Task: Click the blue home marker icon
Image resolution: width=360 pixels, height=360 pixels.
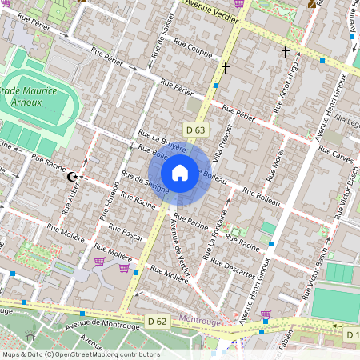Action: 180,173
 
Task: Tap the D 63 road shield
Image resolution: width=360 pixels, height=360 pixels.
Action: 195,129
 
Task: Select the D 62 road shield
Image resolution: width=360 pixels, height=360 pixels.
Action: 157,321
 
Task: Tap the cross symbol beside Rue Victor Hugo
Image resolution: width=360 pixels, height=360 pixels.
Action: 285,53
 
